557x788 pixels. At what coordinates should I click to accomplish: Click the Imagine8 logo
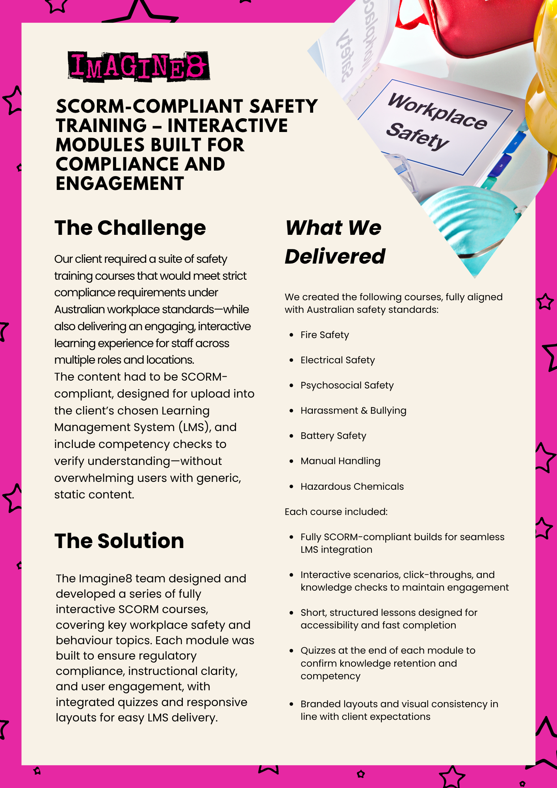[138, 66]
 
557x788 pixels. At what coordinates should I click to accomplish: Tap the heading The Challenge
[130, 228]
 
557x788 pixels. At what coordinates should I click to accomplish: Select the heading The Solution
[119, 541]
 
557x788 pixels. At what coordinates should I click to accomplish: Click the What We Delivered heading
[334, 242]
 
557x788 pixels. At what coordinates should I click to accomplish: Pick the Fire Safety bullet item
[325, 335]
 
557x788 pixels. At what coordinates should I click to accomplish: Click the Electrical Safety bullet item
[338, 360]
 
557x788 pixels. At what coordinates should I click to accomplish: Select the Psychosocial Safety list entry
[347, 385]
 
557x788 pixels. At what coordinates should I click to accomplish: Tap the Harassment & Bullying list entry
[353, 411]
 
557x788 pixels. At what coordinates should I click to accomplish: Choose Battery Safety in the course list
[333, 436]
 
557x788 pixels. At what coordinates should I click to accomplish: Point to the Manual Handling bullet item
[340, 461]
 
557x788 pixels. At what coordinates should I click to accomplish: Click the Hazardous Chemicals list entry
[352, 487]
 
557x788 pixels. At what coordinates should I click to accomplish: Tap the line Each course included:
[336, 512]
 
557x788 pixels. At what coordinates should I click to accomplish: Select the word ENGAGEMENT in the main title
[120, 184]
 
